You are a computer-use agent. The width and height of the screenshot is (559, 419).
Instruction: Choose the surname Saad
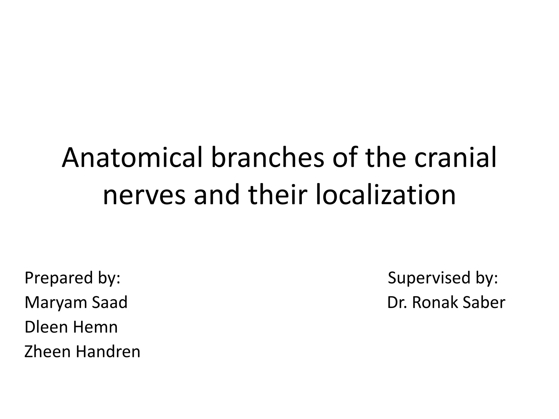coord(110,303)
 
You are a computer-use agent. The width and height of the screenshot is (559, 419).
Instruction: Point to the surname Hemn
coord(97,327)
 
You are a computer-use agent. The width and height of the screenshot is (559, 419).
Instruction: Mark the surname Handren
coord(108,352)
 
